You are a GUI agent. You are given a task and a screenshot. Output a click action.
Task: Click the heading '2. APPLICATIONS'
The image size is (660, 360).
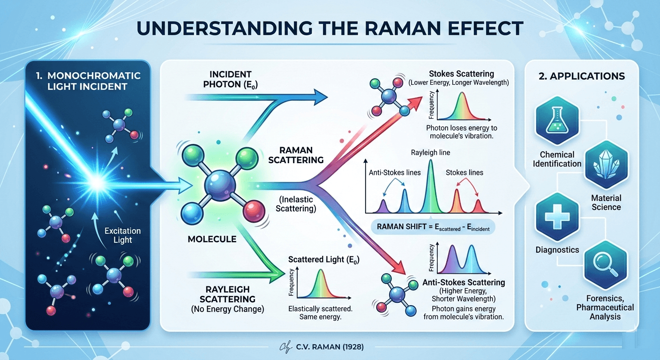[581, 76]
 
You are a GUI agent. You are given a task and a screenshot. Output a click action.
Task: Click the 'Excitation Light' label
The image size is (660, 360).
[122, 235]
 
